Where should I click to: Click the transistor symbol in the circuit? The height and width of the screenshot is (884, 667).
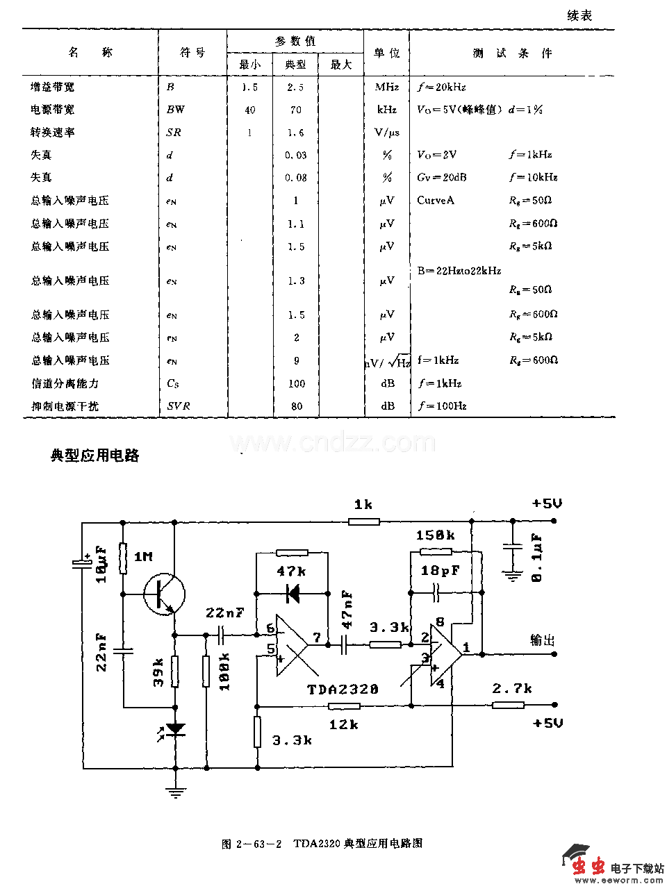coord(165,594)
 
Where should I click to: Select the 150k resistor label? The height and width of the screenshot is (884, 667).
coord(435,535)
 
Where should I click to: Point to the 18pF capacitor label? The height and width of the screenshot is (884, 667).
coord(440,571)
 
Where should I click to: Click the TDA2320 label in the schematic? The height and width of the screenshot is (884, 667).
coord(343,689)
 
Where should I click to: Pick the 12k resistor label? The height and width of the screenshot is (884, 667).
coord(343,724)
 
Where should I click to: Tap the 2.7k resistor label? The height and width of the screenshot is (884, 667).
coord(512,688)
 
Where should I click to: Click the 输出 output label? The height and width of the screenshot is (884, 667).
coord(543,640)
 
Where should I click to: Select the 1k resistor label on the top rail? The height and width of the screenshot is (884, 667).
coord(363,505)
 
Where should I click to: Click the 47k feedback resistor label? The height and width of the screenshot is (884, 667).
coord(291,571)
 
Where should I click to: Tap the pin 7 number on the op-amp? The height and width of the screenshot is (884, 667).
coord(317,637)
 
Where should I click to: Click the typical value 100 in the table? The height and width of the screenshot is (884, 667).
coord(297,383)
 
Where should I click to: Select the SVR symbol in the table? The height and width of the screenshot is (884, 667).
coord(178,406)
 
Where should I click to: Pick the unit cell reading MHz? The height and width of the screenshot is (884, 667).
coord(387,87)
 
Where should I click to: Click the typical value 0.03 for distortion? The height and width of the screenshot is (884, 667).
coord(296,155)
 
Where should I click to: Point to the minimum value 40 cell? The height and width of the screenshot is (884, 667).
coord(250,110)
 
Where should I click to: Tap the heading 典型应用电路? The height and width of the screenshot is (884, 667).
coord(95,456)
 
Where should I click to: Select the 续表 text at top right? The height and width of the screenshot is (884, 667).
coord(579,15)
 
